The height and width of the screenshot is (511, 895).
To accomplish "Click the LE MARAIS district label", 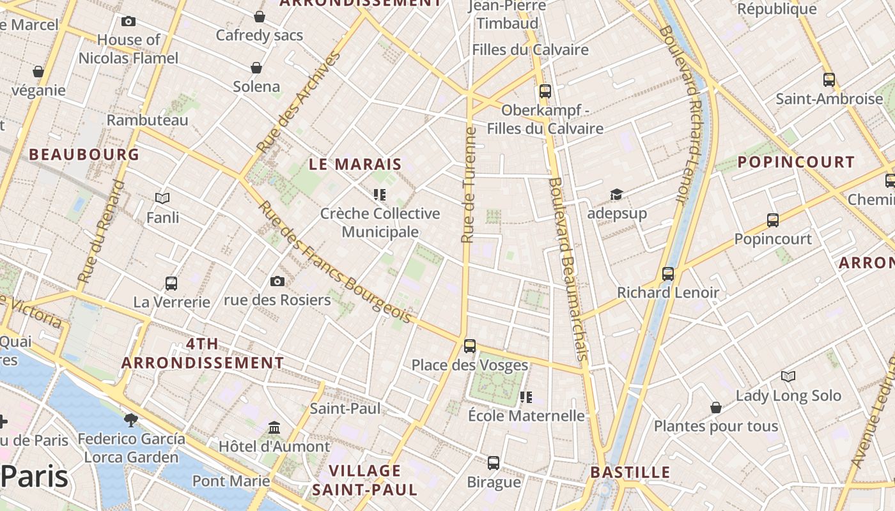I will coord(355,164).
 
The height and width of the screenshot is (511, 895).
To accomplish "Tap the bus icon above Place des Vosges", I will coord(470,346).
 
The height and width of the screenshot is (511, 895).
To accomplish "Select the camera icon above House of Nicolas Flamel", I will coord(128,21).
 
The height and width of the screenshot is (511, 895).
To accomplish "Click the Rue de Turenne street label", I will coord(469,185).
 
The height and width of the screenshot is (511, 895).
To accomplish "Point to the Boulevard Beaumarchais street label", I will coord(568,268).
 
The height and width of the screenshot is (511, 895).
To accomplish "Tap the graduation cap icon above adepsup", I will coord(616,194).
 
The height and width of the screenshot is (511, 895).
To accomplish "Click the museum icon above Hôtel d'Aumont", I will coord(274,427).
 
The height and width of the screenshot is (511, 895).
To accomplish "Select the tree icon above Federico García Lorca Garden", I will coord(131,420).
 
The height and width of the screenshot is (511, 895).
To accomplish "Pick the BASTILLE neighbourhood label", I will coord(630,473).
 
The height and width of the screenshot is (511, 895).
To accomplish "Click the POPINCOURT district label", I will coord(796,162).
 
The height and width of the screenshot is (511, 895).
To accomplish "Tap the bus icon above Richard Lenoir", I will coord(668,274).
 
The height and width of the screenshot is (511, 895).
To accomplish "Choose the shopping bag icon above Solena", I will coord(256,68).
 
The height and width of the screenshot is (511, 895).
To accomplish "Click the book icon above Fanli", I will coord(162,199).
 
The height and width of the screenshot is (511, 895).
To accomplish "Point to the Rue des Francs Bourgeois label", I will coord(335,262).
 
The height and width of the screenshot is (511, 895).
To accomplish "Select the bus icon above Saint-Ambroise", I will coord(829,80).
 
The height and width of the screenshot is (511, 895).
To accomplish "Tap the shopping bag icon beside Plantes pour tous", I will coord(716,408).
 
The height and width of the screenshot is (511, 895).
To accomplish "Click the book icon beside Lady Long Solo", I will coord(788,377).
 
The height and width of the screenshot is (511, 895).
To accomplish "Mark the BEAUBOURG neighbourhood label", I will coord(84,155).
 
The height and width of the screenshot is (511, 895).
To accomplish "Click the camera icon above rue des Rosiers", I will coord(277,281).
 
